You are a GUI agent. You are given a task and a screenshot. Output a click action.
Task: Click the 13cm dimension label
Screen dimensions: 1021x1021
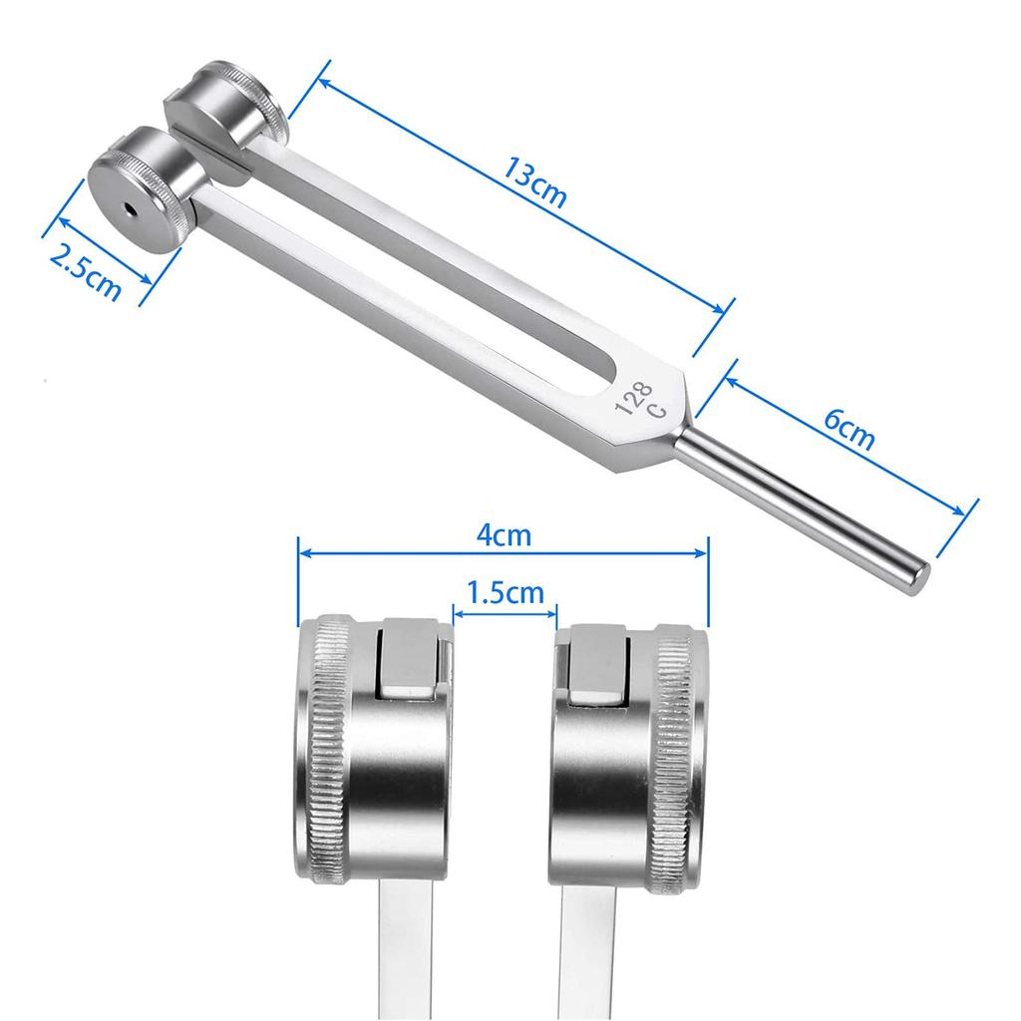tap(534, 183)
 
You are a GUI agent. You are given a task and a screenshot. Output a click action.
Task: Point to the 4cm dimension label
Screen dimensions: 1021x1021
tap(503, 535)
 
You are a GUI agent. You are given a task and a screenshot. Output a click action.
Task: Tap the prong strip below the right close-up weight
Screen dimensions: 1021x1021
tap(598, 947)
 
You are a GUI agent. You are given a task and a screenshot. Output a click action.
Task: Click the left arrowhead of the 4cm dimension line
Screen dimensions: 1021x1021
tap(302, 550)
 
